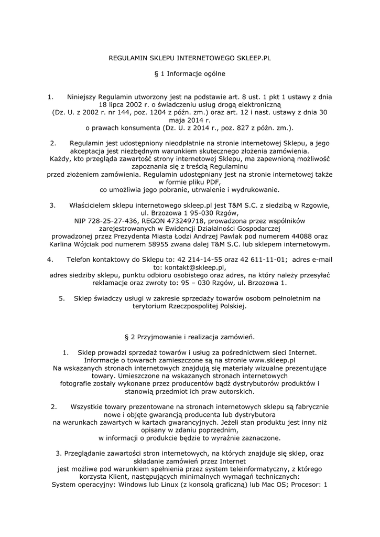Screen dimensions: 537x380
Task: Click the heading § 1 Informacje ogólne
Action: point(190,74)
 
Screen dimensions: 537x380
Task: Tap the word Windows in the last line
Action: point(135,485)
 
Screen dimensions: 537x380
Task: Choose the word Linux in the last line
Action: point(171,485)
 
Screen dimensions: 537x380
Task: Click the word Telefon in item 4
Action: point(79,260)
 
